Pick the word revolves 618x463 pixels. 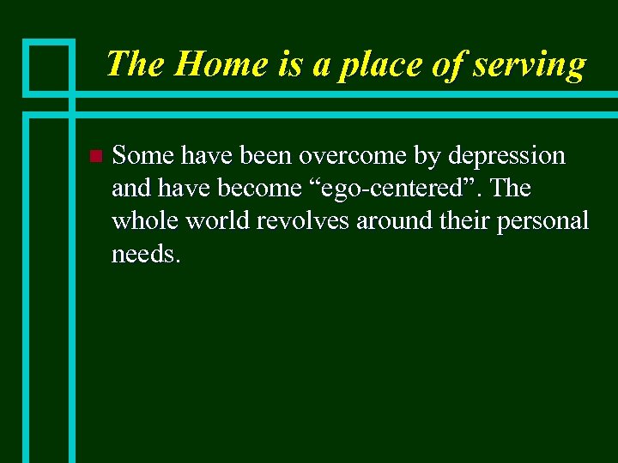[306, 220]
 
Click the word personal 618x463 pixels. [546, 222]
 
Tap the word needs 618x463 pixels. [146, 253]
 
